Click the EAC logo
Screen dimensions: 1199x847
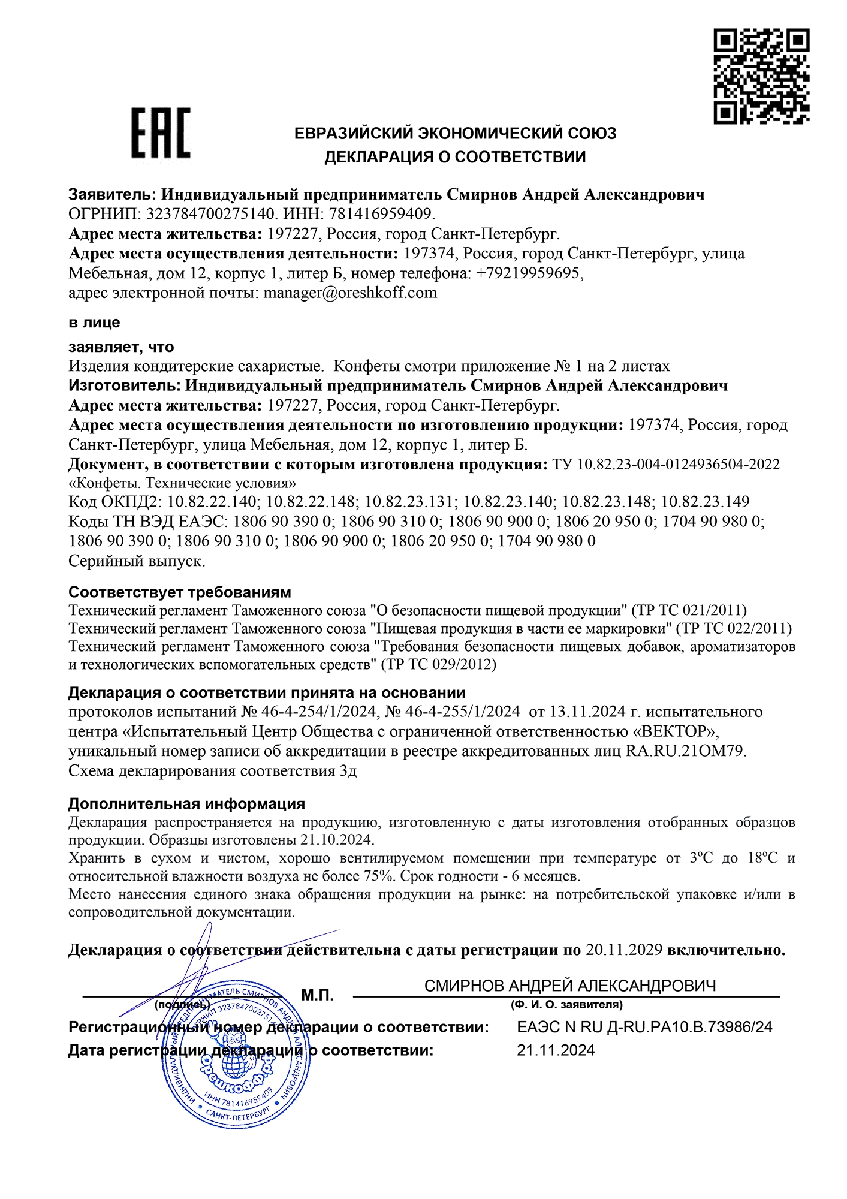coord(161,133)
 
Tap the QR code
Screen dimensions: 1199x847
coord(761,77)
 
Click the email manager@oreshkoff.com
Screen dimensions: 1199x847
coord(350,293)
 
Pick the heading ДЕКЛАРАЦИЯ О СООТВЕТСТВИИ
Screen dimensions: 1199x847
coord(455,158)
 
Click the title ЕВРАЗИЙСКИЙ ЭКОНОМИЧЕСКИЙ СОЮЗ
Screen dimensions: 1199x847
coord(455,133)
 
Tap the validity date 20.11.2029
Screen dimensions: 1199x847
coord(623,950)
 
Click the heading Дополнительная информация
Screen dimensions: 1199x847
coord(186,803)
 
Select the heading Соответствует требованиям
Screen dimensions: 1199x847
coord(180,592)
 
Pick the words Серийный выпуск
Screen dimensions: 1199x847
coord(137,562)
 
